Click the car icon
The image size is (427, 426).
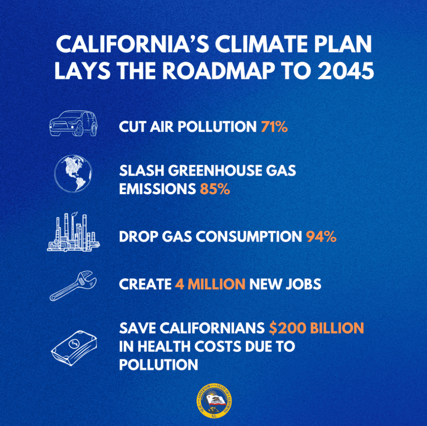[73, 123]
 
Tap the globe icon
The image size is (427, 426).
[73, 174]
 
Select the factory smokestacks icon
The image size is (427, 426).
[73, 232]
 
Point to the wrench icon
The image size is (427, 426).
[73, 286]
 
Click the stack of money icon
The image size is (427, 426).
[74, 348]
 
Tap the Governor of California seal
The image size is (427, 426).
[215, 401]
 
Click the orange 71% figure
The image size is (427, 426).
[274, 127]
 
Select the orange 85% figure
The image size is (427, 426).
[215, 189]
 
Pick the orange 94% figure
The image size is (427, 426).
[321, 237]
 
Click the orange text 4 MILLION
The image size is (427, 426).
[210, 284]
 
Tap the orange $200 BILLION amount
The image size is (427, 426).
[317, 328]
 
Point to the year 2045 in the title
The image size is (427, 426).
[345, 71]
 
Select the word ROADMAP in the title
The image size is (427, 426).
[219, 71]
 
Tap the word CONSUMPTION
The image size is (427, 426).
[249, 237]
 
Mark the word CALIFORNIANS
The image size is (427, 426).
[212, 328]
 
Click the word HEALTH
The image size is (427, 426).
[164, 346]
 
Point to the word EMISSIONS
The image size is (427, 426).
[157, 189]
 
